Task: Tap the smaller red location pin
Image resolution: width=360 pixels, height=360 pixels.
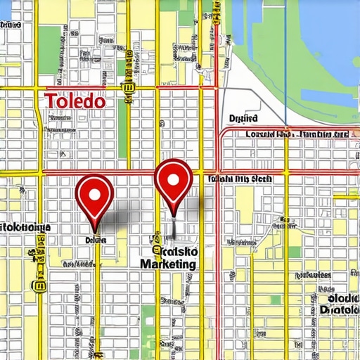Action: point(94,194)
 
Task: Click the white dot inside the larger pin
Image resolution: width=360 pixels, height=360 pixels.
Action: point(173,178)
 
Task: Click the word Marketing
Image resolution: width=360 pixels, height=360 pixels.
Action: point(168,264)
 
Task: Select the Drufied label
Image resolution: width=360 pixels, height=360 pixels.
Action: point(243,119)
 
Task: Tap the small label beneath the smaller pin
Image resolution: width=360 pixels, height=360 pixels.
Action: point(95,240)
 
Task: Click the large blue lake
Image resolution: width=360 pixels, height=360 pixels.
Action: point(323,42)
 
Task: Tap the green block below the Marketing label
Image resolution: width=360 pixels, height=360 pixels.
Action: point(148,316)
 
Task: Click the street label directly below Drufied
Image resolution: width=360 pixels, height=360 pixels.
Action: point(295,134)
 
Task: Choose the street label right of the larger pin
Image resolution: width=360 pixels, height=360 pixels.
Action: point(239,179)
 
